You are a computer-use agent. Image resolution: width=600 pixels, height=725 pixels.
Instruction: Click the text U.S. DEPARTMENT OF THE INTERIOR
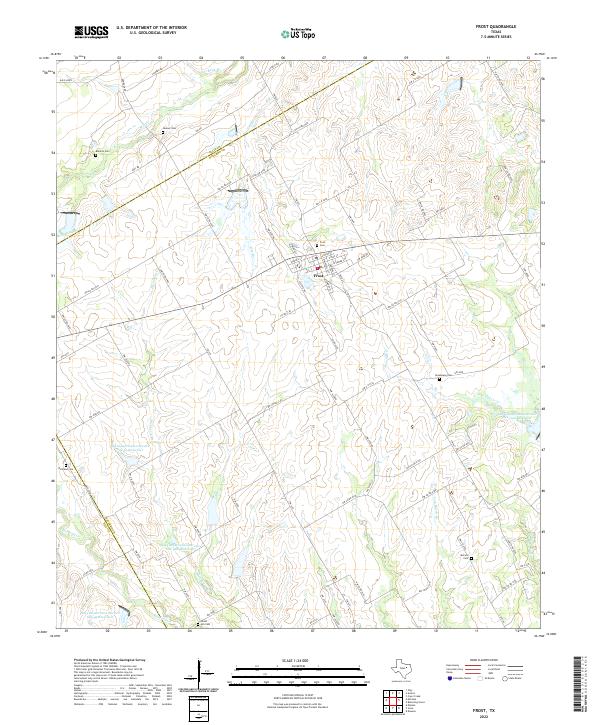[150, 29]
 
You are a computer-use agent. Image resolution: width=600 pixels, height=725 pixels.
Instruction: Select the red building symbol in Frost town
[319, 267]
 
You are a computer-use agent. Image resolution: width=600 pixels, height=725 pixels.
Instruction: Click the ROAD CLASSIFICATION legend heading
[480, 661]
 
